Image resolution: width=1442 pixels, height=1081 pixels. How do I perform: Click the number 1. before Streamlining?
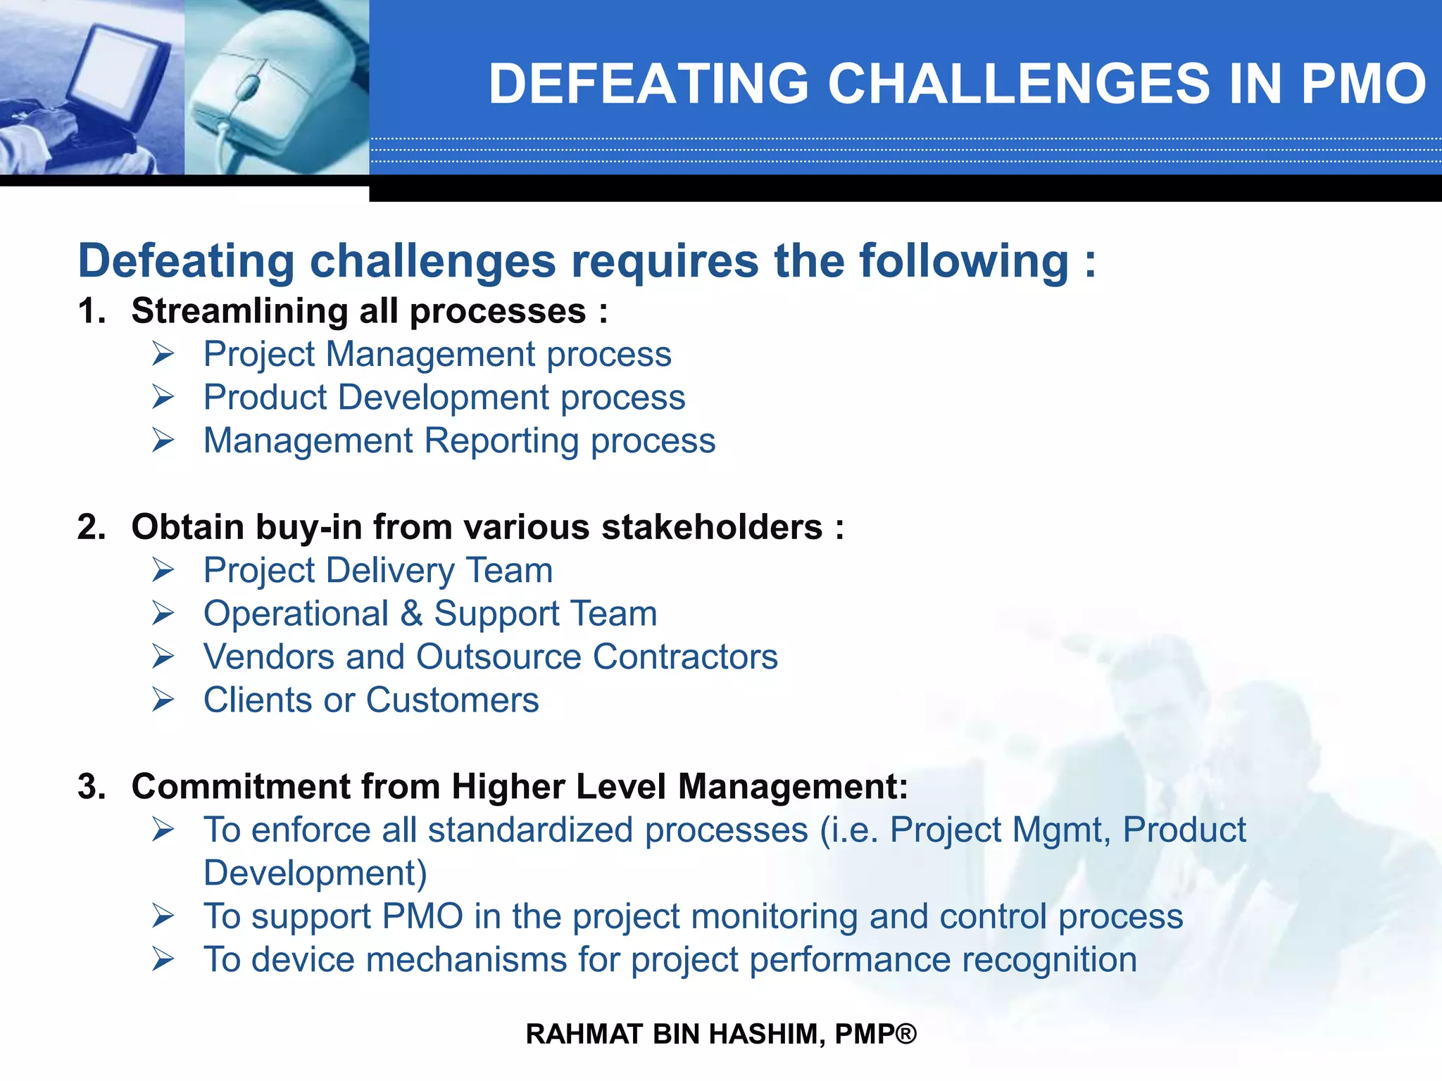coord(92,311)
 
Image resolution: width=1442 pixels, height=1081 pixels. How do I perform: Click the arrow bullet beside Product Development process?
coord(163,398)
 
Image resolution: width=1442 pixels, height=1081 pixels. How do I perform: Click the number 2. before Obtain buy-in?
coord(92,527)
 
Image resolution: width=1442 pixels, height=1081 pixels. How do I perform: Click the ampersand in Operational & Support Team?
coord(411,614)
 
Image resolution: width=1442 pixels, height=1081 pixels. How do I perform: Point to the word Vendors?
coord(268,657)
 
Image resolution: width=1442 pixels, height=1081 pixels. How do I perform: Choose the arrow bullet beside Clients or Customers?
coord(163,700)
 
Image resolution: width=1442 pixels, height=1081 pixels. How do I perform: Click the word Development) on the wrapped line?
coord(315,873)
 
